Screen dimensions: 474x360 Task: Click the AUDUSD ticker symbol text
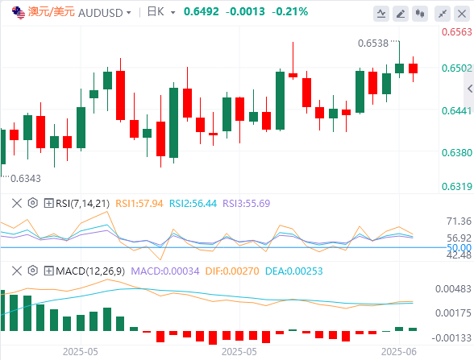click(x=100, y=13)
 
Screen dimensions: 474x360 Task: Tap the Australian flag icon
click(x=18, y=13)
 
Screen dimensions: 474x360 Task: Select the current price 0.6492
click(x=201, y=12)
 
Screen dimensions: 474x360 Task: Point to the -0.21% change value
click(x=289, y=12)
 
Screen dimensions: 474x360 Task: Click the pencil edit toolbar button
click(x=401, y=14)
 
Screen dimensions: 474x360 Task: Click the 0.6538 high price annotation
click(x=373, y=43)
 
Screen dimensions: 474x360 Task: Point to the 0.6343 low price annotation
click(x=26, y=179)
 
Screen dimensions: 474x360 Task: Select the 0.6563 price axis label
click(x=457, y=31)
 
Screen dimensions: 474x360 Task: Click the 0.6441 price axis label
click(x=457, y=111)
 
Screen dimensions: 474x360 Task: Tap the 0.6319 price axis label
click(x=457, y=186)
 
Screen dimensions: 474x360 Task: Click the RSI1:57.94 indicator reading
click(x=139, y=204)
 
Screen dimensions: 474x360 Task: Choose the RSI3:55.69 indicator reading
click(x=247, y=204)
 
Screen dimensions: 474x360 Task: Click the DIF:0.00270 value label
click(x=232, y=271)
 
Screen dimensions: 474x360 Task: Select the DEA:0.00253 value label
click(x=293, y=271)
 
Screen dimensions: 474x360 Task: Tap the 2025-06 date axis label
click(x=399, y=352)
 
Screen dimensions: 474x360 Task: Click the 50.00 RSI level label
click(x=459, y=248)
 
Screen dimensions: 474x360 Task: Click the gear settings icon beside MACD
click(x=32, y=271)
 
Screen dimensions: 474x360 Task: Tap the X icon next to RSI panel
click(x=17, y=203)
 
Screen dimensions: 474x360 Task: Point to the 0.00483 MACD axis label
click(x=453, y=289)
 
